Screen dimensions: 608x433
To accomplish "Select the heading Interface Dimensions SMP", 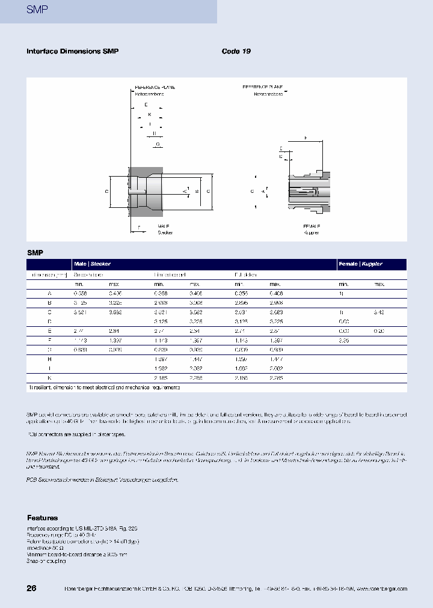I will pyautogui.click(x=72, y=52).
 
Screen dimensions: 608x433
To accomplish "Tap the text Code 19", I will pyautogui.click(x=236, y=52).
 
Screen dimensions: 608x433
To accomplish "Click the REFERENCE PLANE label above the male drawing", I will pyautogui.click(x=154, y=88).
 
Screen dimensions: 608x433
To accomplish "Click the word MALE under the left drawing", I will pyautogui.click(x=164, y=226).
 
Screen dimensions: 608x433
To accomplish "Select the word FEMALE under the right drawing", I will pyautogui.click(x=312, y=226).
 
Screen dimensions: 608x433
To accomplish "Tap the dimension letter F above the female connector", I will pyautogui.click(x=304, y=139).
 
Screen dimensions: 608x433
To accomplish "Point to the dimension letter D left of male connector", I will pyautogui.click(x=106, y=191).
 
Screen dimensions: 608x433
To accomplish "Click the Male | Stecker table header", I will pyautogui.click(x=92, y=264).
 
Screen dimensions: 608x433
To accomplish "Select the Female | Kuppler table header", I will pyautogui.click(x=361, y=264).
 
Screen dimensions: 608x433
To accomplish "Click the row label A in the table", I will pyautogui.click(x=49, y=293).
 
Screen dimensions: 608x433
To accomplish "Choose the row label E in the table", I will pyautogui.click(x=49, y=331).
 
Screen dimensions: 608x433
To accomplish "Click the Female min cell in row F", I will pyautogui.click(x=343, y=341).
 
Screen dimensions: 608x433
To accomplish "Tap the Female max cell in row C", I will pyautogui.click(x=378, y=312).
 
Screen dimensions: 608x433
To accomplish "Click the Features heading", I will pyautogui.click(x=42, y=518).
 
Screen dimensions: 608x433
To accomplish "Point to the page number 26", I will pyautogui.click(x=31, y=588).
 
